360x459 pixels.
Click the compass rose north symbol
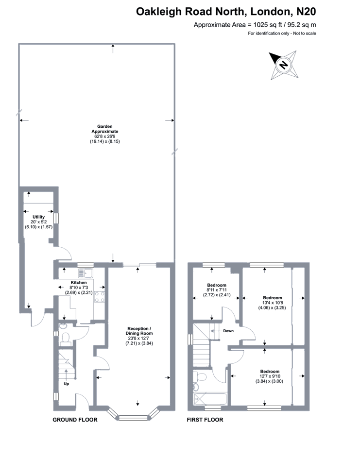tap(283, 65)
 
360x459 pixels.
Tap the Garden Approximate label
tap(105, 129)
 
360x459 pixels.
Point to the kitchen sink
tap(85, 273)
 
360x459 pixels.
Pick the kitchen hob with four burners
tap(100, 297)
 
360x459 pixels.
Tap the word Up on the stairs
tap(67, 384)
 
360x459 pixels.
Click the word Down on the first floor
tap(228, 331)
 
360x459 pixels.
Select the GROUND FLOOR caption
tap(75, 420)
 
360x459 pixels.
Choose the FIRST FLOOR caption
tap(205, 420)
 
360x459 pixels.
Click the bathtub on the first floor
tap(210, 399)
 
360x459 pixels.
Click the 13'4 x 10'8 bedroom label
tap(272, 303)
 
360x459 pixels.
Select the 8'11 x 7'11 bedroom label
tap(217, 290)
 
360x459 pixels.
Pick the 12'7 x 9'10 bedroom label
tap(270, 376)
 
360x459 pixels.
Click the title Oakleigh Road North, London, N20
tap(226, 12)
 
